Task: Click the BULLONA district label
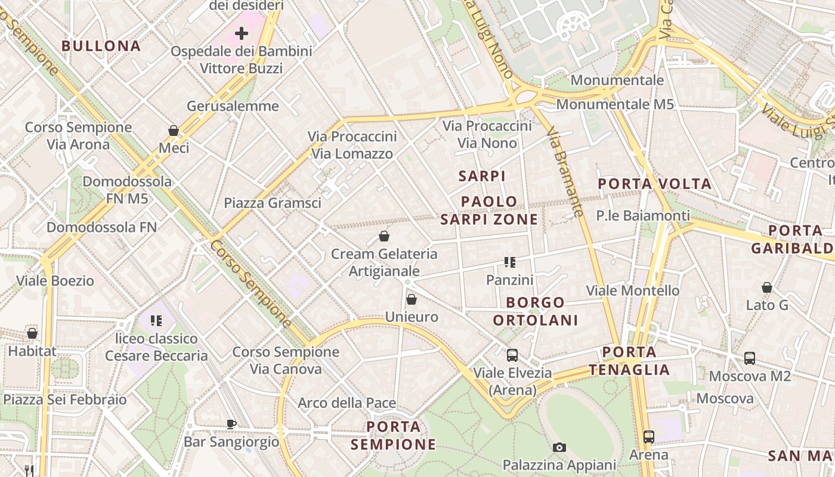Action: (x=101, y=46)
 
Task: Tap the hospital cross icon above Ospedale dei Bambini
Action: (x=242, y=33)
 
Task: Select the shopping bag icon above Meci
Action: (x=174, y=131)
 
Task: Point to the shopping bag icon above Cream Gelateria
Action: (x=384, y=236)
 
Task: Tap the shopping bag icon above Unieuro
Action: (x=411, y=299)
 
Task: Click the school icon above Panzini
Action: (x=509, y=262)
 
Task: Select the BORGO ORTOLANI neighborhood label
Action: (x=536, y=311)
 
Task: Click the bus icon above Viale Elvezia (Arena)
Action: (x=512, y=355)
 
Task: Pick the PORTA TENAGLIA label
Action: (x=629, y=361)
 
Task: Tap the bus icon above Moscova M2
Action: (x=750, y=358)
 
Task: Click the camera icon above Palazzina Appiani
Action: (x=559, y=447)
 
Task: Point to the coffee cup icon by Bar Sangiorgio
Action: (x=231, y=424)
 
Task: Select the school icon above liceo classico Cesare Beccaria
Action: (x=156, y=321)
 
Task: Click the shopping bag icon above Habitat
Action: (x=32, y=333)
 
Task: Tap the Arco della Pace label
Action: (x=347, y=403)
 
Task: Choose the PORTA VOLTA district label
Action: (x=655, y=184)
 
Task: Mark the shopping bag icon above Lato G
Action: (x=767, y=288)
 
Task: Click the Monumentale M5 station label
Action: (x=615, y=104)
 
